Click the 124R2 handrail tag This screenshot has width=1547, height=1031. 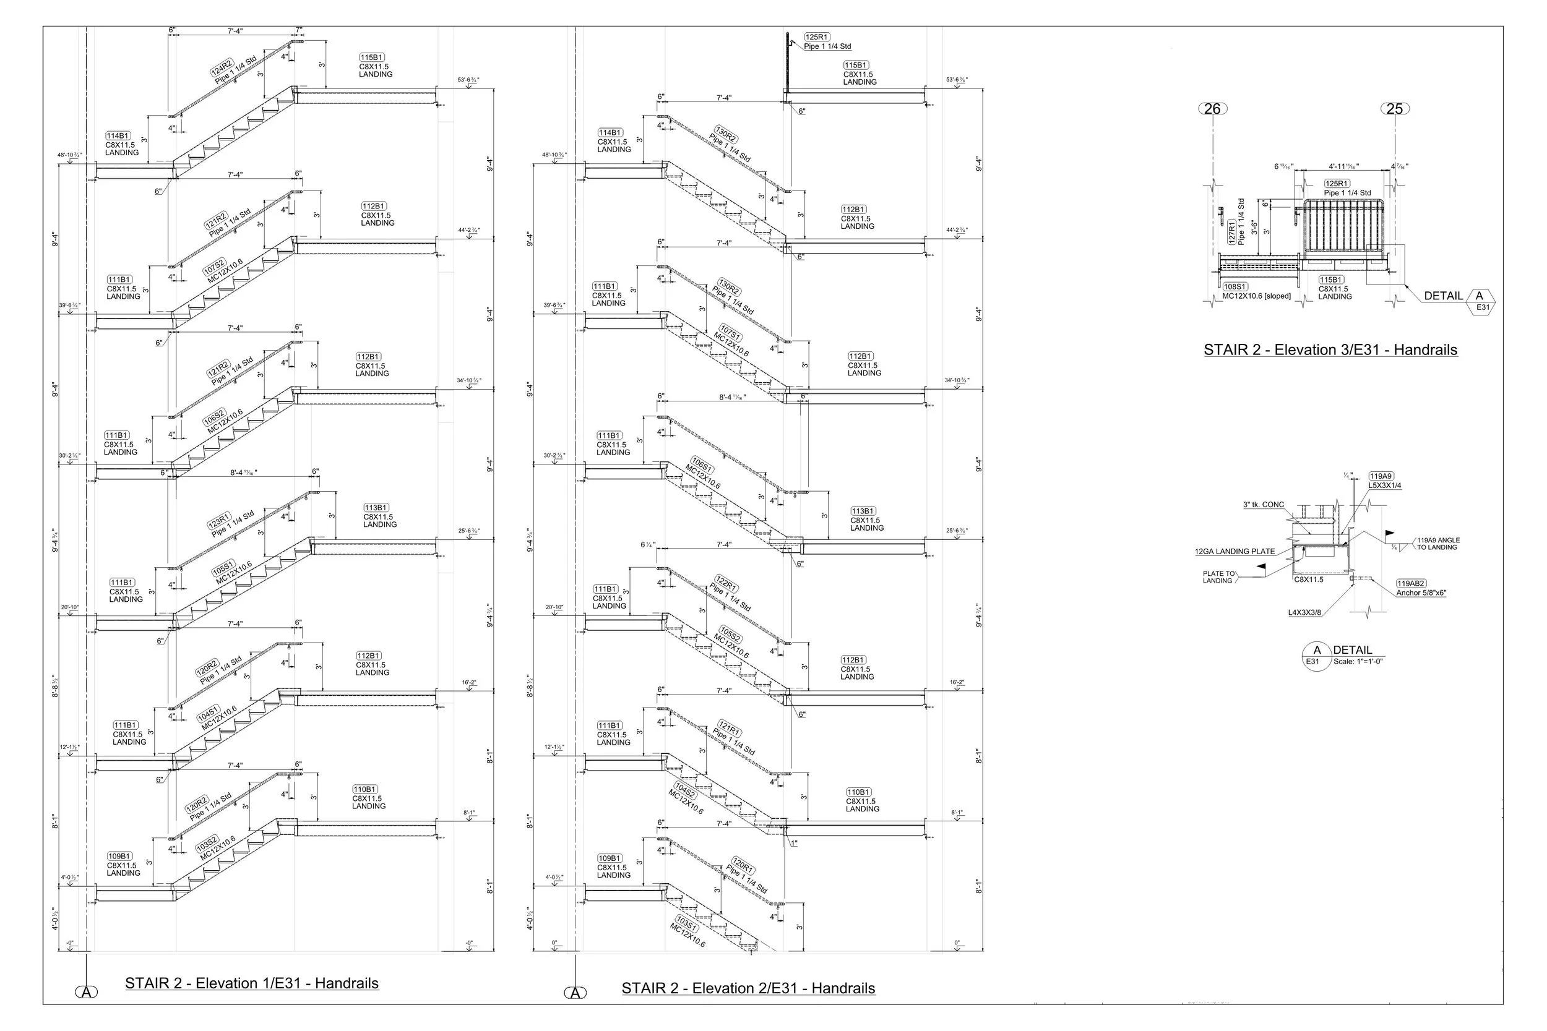coord(222,68)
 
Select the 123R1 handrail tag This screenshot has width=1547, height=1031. coord(220,521)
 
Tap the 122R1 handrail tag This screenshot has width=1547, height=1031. coord(726,584)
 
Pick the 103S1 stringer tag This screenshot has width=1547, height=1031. coord(687,923)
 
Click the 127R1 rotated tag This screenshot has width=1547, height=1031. coord(1232,232)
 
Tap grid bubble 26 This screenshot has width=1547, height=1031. coord(1213,108)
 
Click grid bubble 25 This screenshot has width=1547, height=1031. coord(1394,108)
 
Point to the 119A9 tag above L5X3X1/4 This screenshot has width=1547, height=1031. coord(1381,476)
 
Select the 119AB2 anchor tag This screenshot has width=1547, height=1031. coord(1411,583)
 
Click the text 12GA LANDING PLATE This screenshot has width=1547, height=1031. coord(1235,552)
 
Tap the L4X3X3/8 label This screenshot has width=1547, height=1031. coord(1304,613)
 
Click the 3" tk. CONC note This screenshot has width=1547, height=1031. coord(1264,505)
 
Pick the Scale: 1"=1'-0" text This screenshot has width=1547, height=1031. coord(1358,662)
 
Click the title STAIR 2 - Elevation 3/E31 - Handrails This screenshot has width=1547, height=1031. coord(1330,350)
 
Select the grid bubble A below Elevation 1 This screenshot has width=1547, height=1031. coord(86,992)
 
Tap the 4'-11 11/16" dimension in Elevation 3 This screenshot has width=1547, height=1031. coord(1343,167)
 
